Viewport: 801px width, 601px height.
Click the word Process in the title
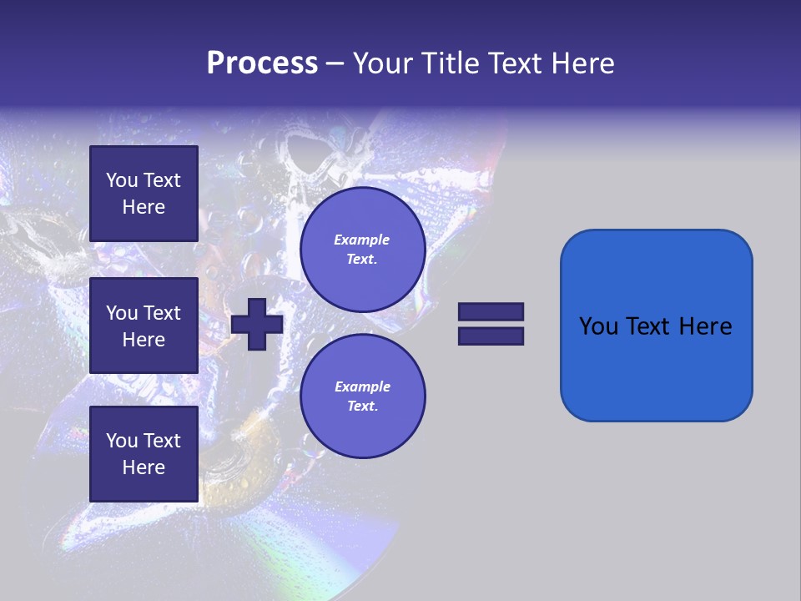click(262, 63)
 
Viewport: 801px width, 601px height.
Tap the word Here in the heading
click(581, 63)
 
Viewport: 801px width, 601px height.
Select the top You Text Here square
click(144, 194)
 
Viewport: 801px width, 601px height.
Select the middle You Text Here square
click(144, 326)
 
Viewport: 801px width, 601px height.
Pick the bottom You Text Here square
click(144, 453)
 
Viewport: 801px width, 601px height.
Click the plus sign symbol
click(257, 324)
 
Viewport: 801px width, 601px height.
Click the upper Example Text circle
click(362, 250)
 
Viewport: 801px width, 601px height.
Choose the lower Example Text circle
click(362, 396)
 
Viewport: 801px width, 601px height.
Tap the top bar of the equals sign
click(491, 311)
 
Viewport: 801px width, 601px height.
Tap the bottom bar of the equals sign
click(491, 336)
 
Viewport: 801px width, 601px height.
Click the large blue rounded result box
click(656, 367)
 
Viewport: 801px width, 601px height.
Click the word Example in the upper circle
click(362, 240)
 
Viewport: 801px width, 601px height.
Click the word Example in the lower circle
click(362, 386)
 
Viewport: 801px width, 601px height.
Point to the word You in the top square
click(122, 180)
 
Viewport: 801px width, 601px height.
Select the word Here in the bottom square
click(144, 467)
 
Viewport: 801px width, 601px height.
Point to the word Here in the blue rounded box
click(706, 326)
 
